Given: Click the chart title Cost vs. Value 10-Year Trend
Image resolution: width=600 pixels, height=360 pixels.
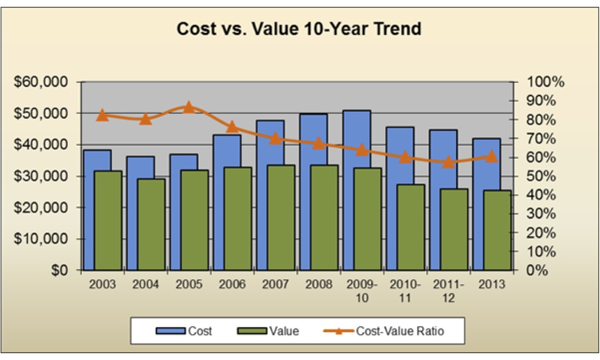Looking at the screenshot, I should (299, 29).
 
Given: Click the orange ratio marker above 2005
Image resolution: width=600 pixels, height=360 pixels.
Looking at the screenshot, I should (189, 107).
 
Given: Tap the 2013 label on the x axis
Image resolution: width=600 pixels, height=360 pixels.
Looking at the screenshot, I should (491, 285).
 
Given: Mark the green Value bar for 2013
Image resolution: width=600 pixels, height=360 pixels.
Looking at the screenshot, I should (497, 230).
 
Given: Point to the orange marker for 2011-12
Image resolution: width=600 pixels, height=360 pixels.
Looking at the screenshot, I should (448, 162).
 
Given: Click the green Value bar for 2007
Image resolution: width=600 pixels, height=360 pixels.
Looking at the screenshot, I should (281, 217).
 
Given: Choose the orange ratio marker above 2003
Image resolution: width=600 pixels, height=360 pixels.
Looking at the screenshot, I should (102, 115).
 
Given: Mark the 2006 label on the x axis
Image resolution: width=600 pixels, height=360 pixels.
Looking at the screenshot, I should (232, 285).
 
